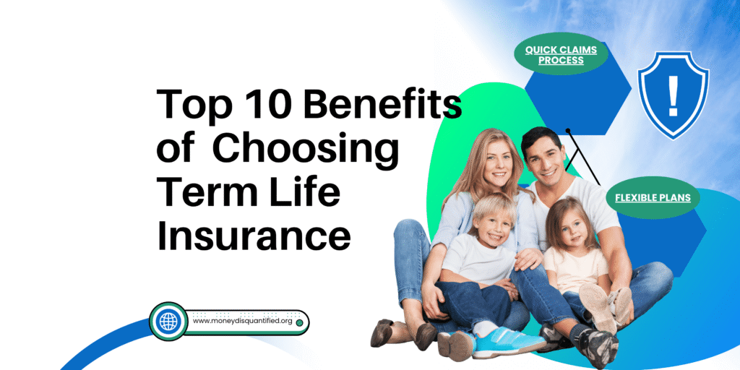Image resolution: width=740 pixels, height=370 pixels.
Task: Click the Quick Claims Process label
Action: [561, 55]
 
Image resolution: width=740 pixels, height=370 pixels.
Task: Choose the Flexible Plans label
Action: [653, 198]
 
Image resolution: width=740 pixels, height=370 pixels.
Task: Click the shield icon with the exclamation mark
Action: [673, 95]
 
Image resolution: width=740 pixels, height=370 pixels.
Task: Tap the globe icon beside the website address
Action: [168, 322]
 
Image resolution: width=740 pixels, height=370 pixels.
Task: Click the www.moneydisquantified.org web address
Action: [243, 322]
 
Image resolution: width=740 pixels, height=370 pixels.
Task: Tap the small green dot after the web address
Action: [299, 323]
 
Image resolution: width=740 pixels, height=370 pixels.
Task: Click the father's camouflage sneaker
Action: [595, 348]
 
